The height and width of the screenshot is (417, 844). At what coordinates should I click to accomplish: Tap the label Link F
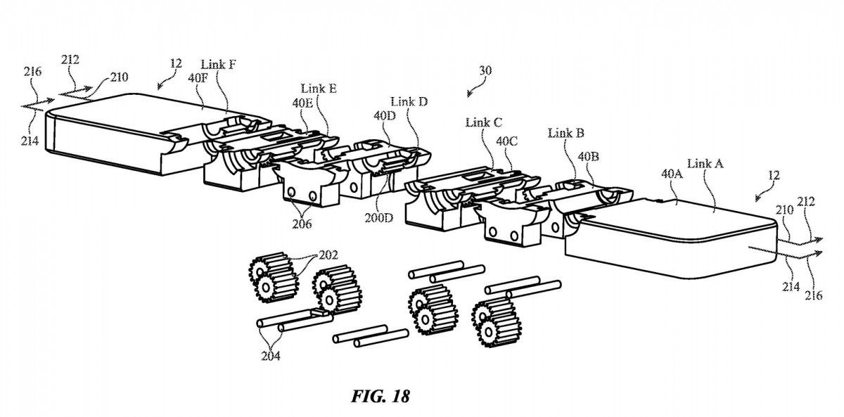(x=218, y=65)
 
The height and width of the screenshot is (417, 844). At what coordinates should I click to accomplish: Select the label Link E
(x=318, y=89)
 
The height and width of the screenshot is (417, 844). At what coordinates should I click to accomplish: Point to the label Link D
(x=408, y=102)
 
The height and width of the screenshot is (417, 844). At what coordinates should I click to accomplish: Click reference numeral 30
(x=485, y=70)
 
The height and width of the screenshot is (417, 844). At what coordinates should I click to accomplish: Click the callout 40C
(x=507, y=141)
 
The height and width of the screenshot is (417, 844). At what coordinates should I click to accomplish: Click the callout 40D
(x=385, y=115)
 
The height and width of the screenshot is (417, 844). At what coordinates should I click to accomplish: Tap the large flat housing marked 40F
(x=113, y=134)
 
